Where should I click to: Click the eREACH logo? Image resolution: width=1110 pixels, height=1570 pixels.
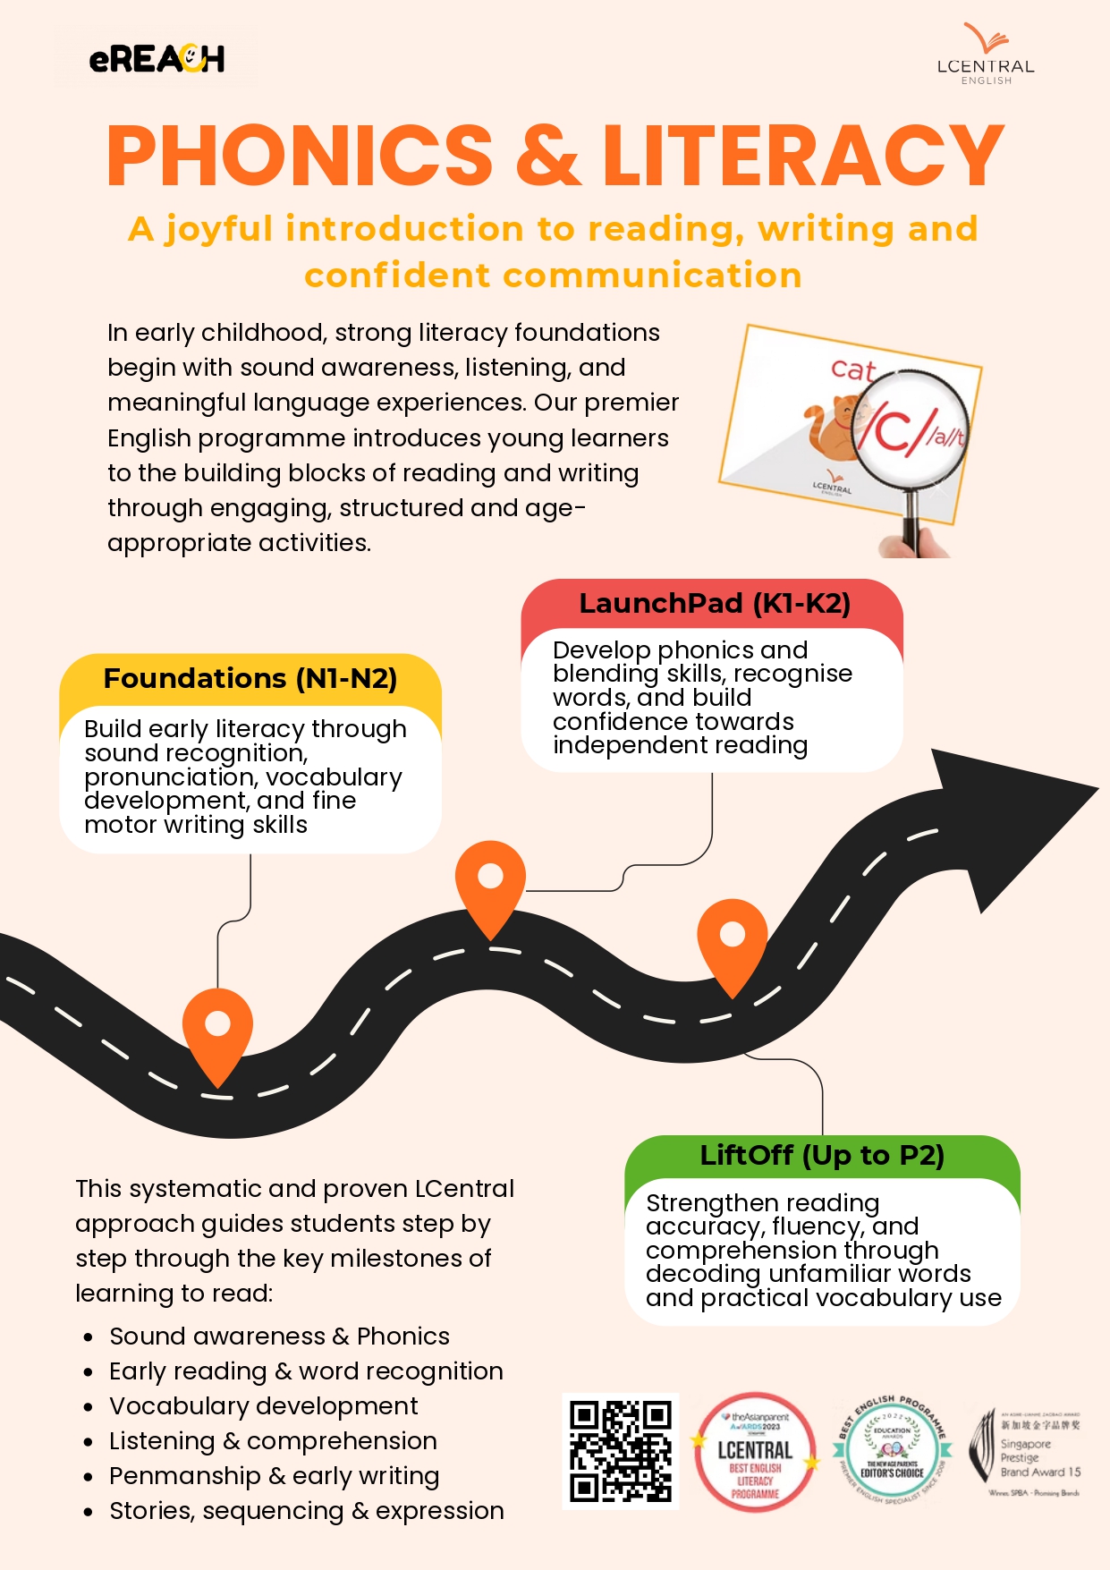click(x=157, y=59)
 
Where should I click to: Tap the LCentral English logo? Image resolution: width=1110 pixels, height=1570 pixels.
click(x=986, y=56)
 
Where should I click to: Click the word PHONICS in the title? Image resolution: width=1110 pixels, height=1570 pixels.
click(x=300, y=156)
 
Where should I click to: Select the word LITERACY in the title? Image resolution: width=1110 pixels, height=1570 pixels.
click(x=803, y=156)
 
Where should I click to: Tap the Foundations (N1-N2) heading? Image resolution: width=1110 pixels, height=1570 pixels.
click(x=250, y=679)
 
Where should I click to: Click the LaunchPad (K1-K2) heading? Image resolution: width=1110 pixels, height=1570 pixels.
click(x=714, y=604)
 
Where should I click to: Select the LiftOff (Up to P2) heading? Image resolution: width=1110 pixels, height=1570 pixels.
click(x=822, y=1156)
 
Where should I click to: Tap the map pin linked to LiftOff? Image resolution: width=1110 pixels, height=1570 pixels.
click(x=733, y=940)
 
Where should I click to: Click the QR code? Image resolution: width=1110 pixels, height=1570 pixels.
click(x=621, y=1451)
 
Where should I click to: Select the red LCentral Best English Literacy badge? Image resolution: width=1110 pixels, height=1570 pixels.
click(x=756, y=1451)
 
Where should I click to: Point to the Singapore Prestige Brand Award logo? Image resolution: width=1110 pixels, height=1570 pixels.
click(x=1027, y=1451)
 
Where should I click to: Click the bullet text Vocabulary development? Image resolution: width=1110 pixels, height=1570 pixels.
click(x=263, y=1406)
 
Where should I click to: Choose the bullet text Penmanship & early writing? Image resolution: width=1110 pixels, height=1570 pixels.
click(x=274, y=1476)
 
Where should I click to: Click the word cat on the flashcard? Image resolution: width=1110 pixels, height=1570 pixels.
click(x=852, y=369)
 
